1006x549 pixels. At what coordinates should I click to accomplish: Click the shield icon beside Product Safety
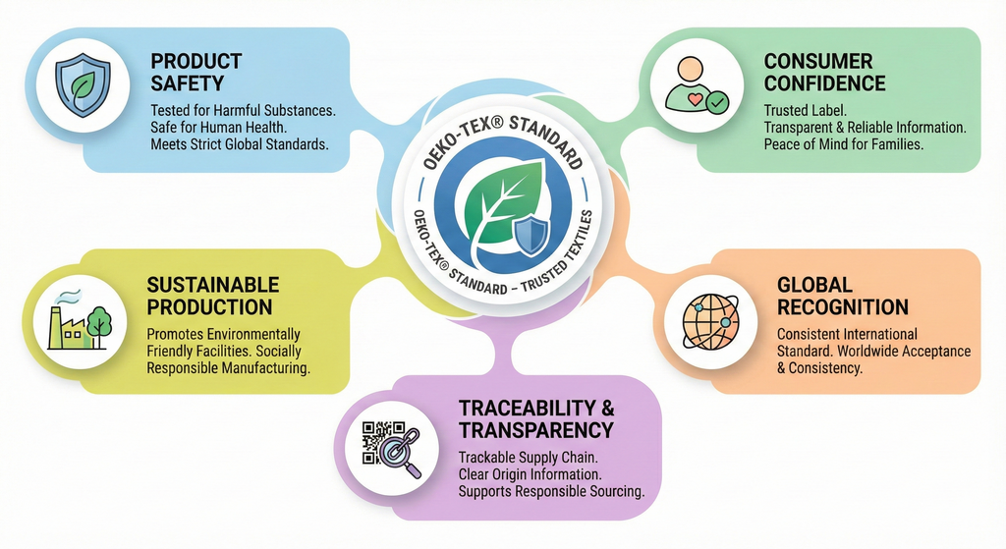[83, 85]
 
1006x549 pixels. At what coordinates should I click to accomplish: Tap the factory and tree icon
[81, 321]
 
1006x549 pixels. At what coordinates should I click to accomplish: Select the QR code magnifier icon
[391, 450]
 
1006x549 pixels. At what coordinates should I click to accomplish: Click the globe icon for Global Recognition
[710, 322]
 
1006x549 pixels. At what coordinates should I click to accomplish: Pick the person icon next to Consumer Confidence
[697, 85]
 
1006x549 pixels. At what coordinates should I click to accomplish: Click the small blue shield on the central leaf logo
[531, 236]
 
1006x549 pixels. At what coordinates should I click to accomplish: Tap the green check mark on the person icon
[716, 102]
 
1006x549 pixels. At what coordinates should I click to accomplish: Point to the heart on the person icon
[695, 99]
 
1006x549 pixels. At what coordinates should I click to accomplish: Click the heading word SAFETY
[187, 83]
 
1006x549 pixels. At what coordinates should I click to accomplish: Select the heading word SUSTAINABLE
[213, 285]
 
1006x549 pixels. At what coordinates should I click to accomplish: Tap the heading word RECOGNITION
[842, 307]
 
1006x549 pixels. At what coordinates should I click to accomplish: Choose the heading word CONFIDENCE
[824, 83]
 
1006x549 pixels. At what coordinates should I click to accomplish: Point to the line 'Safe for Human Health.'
[218, 128]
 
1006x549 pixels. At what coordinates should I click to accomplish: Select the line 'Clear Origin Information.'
[530, 474]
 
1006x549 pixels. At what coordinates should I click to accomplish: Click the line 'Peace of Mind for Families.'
[843, 144]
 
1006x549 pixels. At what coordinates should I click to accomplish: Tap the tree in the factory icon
[99, 326]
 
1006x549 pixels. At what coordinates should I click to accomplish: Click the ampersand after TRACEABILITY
[607, 408]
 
